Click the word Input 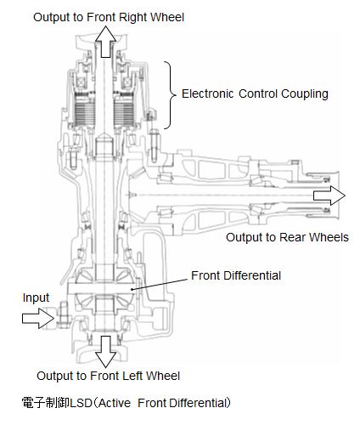36,297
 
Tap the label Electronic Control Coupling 255,93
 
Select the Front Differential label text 235,275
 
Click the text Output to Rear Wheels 286,237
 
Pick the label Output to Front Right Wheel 108,16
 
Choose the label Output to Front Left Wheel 108,376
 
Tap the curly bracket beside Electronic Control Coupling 170,93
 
